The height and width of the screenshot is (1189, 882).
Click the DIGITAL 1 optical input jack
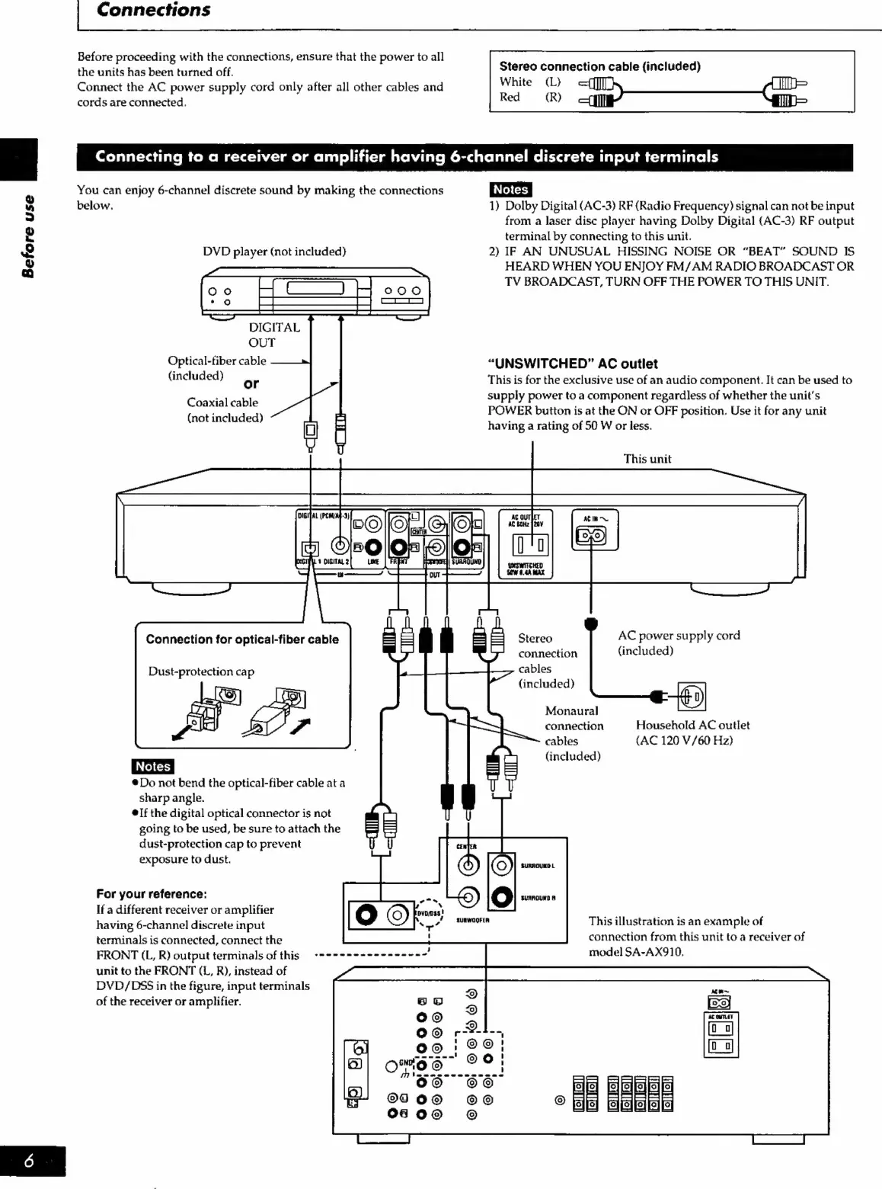(x=310, y=548)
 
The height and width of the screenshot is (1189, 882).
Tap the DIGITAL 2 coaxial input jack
(x=340, y=546)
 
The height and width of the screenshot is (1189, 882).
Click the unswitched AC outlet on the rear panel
(x=531, y=545)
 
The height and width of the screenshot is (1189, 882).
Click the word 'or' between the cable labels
(x=251, y=383)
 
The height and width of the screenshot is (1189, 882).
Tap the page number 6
(x=29, y=1161)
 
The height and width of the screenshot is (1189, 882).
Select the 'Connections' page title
(x=153, y=10)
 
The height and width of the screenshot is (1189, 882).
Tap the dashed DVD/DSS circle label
(x=428, y=913)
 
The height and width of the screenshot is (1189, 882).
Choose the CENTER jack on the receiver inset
(x=468, y=864)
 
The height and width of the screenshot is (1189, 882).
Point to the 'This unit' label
(x=647, y=459)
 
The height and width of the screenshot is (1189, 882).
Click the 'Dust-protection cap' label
(x=201, y=671)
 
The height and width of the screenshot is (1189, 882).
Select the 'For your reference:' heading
(x=152, y=894)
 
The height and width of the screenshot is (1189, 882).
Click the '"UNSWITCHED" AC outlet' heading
(x=572, y=364)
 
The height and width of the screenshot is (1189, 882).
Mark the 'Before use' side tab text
(x=28, y=236)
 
